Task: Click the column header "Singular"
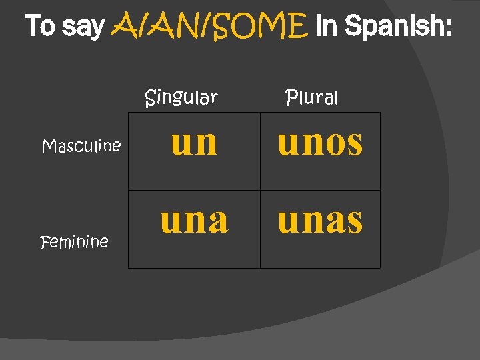181,98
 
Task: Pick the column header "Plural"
311,98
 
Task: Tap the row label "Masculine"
81,145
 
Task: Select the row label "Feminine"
74,241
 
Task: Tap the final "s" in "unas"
354,221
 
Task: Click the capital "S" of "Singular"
151,98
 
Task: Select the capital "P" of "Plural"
291,98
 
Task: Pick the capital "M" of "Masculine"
48,145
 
